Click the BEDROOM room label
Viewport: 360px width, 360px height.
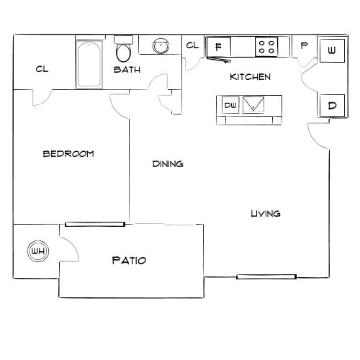[68, 154]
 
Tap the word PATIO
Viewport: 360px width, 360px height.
[130, 259]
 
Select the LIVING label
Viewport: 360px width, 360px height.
[266, 214]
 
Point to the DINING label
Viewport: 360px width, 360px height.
[168, 164]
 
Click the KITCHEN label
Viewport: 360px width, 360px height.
[250, 77]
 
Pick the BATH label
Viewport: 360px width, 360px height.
[127, 70]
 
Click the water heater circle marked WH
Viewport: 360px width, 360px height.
[37, 251]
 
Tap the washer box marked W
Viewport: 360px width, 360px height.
[330, 50]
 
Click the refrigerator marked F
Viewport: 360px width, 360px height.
[218, 47]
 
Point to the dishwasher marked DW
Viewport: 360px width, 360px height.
[230, 105]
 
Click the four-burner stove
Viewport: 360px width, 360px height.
[266, 47]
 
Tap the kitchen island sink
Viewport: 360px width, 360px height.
[254, 105]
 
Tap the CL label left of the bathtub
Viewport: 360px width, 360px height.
[41, 70]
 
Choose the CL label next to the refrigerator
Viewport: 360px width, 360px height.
[192, 46]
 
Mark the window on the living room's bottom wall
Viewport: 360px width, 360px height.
[266, 276]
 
